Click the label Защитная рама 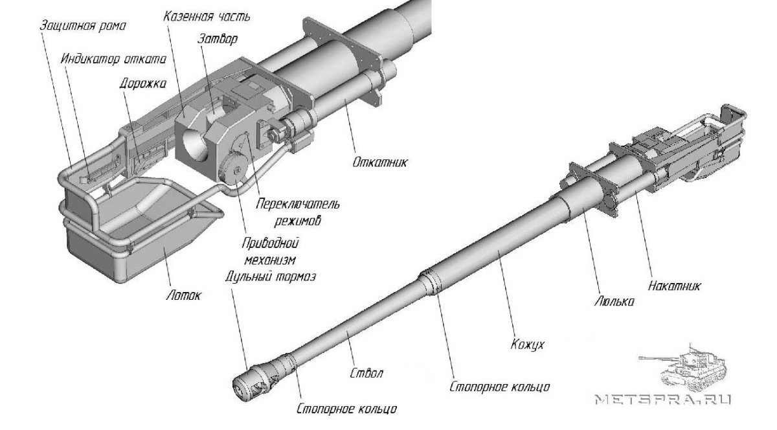click(x=82, y=27)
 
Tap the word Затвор click(x=218, y=39)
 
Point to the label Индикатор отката click(x=114, y=58)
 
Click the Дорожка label click(x=137, y=84)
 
